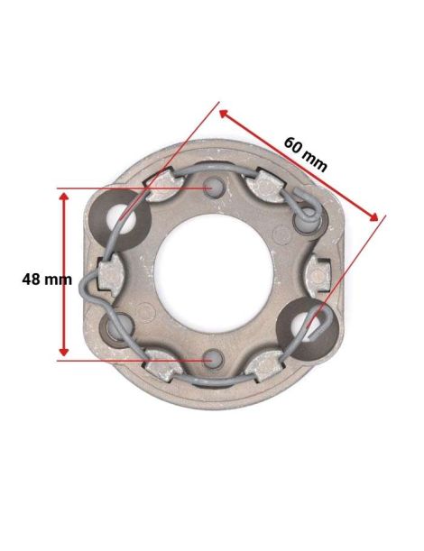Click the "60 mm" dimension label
(305, 153)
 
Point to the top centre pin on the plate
(213, 187)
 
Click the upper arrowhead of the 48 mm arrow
(63, 194)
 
